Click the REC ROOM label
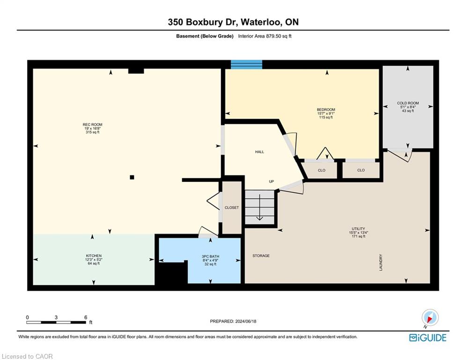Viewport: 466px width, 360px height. [x=92, y=125]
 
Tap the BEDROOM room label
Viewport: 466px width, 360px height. [x=325, y=110]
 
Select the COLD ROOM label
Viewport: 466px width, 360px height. [x=408, y=103]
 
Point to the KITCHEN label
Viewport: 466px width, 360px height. [x=94, y=256]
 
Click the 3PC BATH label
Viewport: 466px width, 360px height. [x=210, y=256]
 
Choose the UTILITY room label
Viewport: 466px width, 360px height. [x=358, y=229]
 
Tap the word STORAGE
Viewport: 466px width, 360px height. [x=261, y=255]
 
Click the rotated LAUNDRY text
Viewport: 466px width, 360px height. [x=381, y=262]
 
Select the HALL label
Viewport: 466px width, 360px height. [x=259, y=152]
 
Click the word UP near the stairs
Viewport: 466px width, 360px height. [x=271, y=181]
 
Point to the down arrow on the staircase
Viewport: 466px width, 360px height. [x=260, y=207]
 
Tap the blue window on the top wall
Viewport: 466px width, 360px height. [x=247, y=64]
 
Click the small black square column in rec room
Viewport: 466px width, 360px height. [x=132, y=177]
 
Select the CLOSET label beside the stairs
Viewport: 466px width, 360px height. [x=231, y=208]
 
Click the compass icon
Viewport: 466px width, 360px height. [x=430, y=318]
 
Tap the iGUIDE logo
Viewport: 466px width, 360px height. [x=428, y=337]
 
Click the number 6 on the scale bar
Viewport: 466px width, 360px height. [x=86, y=317]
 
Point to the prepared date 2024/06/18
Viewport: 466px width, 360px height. [x=246, y=321]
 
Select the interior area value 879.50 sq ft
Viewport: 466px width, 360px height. [x=279, y=36]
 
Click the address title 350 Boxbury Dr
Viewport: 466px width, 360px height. [x=202, y=22]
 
